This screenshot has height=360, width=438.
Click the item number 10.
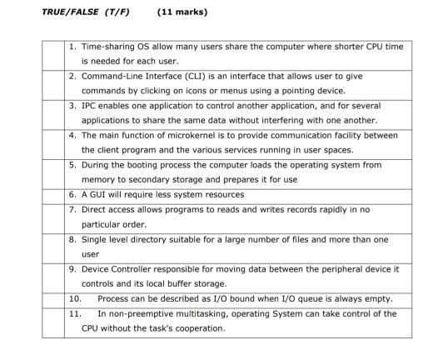coord(74,298)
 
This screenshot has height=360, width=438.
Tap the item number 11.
coord(74,313)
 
